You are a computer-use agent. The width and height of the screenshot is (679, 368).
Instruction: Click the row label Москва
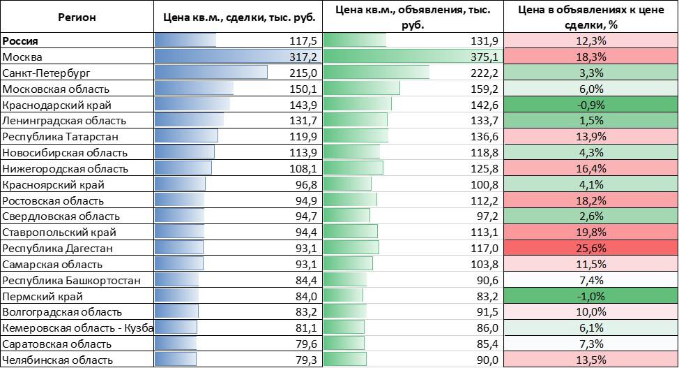pyautogui.click(x=23, y=57)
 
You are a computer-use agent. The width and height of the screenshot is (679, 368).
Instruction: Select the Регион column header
pyautogui.click(x=77, y=17)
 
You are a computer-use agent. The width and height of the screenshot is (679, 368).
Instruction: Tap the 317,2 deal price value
pyautogui.click(x=303, y=57)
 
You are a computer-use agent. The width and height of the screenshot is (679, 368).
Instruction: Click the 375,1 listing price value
pyautogui.click(x=483, y=57)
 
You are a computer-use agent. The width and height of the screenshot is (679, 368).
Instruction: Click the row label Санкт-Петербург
pyautogui.click(x=47, y=73)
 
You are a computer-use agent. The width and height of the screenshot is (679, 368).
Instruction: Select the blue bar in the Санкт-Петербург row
pyautogui.click(x=211, y=73)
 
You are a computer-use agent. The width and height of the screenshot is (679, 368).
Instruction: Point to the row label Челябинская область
pyautogui.click(x=58, y=360)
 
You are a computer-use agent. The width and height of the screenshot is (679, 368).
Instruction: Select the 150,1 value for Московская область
pyautogui.click(x=303, y=89)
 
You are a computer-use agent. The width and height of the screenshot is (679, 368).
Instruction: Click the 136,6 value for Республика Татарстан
pyautogui.click(x=483, y=136)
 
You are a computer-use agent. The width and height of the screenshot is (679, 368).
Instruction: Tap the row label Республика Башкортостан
pyautogui.click(x=72, y=280)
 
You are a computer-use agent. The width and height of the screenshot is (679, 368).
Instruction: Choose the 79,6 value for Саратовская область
pyautogui.click(x=305, y=344)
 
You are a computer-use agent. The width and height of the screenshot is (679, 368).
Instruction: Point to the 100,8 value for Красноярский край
pyautogui.click(x=483, y=184)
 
